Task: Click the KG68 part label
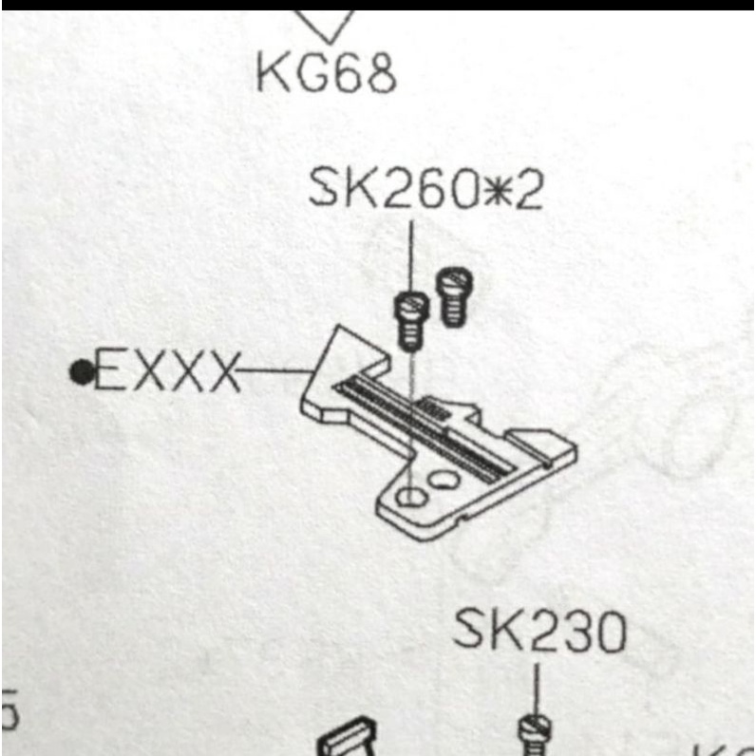326,74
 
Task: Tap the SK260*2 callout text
426,191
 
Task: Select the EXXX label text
166,370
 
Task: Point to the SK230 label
539,632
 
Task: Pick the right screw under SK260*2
452,296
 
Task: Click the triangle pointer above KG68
327,25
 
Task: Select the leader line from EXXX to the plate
275,370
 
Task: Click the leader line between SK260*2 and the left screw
410,256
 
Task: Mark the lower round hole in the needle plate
410,496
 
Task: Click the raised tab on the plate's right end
542,440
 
